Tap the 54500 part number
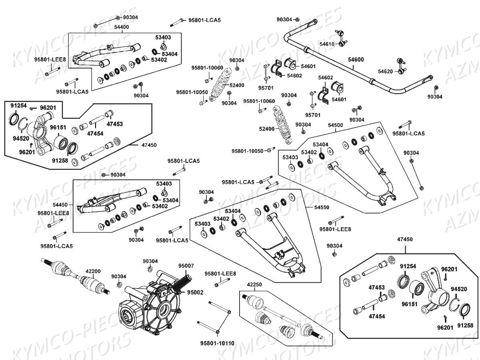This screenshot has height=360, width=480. click(335, 125)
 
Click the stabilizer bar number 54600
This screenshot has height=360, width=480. click(356, 59)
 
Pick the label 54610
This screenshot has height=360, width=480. click(327, 44)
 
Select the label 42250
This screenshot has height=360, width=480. click(254, 284)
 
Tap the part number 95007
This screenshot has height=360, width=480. click(186, 266)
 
